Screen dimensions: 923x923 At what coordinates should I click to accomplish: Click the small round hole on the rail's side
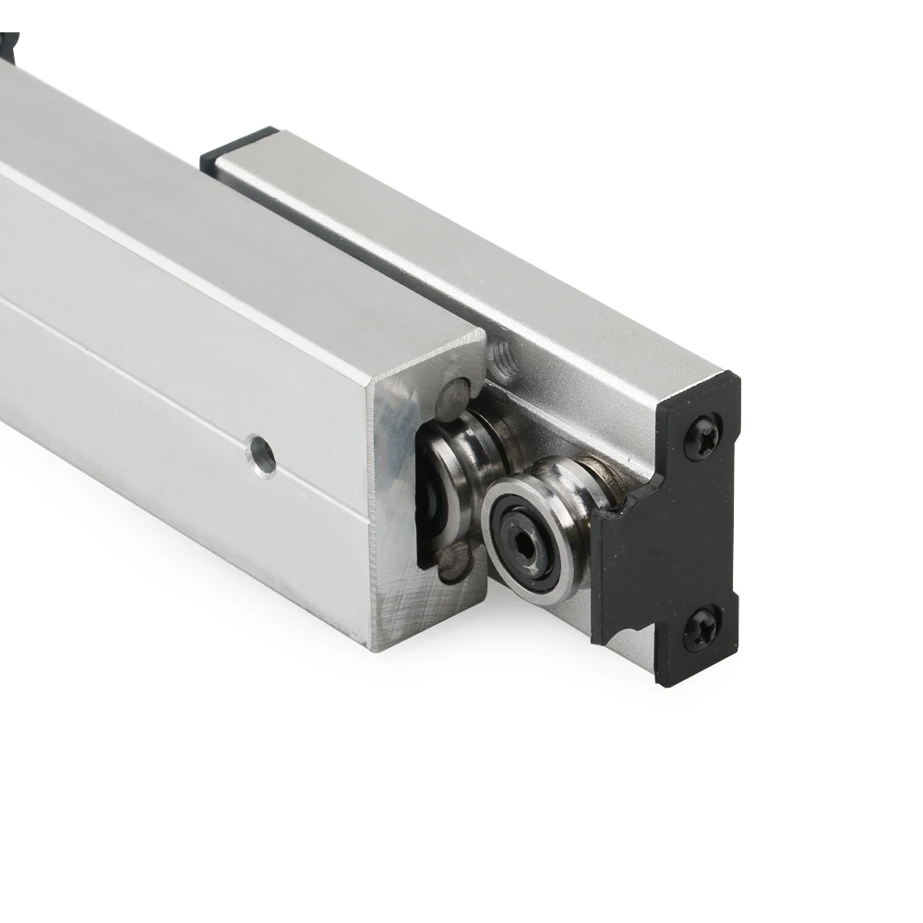coord(263,455)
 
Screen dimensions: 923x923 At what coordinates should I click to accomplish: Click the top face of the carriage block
coord(461,240)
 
